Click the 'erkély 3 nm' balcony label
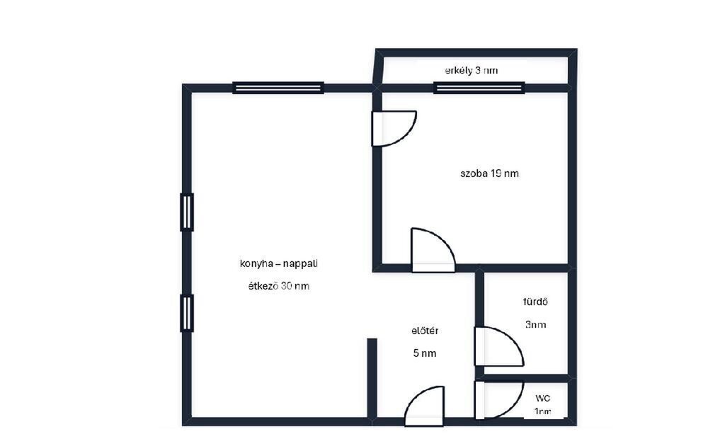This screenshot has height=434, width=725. tap(471, 71)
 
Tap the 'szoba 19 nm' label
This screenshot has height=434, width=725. tap(489, 173)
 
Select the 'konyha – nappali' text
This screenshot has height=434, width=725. tap(278, 263)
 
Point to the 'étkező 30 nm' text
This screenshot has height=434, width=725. tap(279, 286)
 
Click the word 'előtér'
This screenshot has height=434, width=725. tap(425, 331)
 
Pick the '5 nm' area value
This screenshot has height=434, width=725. tap(425, 353)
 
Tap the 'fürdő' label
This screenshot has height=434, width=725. tap(535, 302)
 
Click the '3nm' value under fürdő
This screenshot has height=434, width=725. tap(535, 324)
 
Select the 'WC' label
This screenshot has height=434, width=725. tap(543, 398)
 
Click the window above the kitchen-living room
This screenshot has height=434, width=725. tap(278, 88)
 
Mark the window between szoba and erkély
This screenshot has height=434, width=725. tap(479, 88)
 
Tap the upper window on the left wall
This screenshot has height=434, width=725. tap(187, 212)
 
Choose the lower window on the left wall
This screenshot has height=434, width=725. tap(187, 313)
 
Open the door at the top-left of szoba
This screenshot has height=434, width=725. tap(394, 128)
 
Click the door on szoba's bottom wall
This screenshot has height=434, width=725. tap(433, 250)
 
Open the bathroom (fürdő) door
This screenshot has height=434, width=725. tap(499, 346)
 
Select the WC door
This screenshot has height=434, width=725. tap(499, 400)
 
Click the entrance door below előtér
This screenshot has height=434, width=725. tap(425, 406)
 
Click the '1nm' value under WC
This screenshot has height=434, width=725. tap(543, 411)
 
